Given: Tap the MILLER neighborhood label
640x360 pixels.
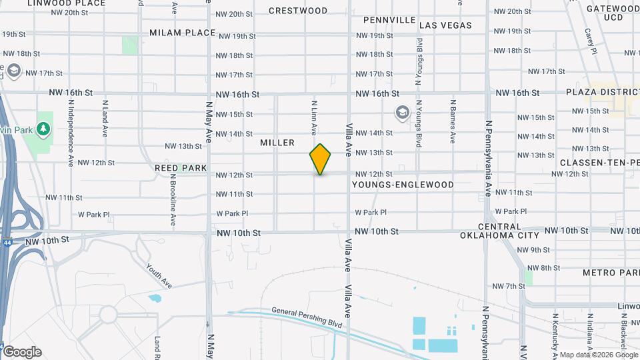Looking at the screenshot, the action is coord(277,143).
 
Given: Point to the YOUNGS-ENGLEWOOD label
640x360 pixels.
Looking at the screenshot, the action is coord(403,185).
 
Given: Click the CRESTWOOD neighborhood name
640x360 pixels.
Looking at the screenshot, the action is coord(298,11).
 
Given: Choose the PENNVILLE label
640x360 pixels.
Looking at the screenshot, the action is coord(390,20).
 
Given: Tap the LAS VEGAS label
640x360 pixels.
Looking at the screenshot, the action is coord(446,25).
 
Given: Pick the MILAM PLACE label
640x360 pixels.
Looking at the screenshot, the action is coord(182,32).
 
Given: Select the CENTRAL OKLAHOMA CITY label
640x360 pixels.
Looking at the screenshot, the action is coord(500,231).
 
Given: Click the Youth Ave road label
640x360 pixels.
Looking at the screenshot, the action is coord(159,275).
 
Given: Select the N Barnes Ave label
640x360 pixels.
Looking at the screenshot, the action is coord(453,122).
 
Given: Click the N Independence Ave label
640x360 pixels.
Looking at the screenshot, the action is coord(71,133).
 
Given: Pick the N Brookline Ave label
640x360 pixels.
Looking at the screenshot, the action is coord(173,199).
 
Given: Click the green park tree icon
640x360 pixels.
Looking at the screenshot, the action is coord(44,127).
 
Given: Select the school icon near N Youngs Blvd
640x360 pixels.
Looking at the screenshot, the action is coord(402,113).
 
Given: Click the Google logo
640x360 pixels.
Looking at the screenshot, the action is coord(22,352).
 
